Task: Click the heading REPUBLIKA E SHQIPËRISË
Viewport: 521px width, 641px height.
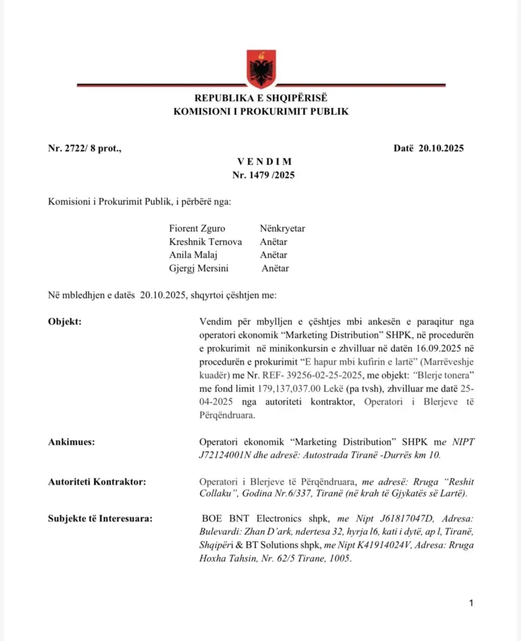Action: click(260, 99)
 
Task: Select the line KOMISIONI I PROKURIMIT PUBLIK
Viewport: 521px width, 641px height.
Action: click(260, 111)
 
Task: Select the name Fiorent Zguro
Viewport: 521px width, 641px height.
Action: click(197, 229)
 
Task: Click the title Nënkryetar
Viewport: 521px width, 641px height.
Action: click(282, 229)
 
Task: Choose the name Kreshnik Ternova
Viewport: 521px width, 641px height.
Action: click(206, 242)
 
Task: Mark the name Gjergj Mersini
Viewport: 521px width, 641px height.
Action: click(199, 268)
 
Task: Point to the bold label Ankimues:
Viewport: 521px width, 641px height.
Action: click(71, 442)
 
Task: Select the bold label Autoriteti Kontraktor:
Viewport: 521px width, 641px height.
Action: click(97, 481)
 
